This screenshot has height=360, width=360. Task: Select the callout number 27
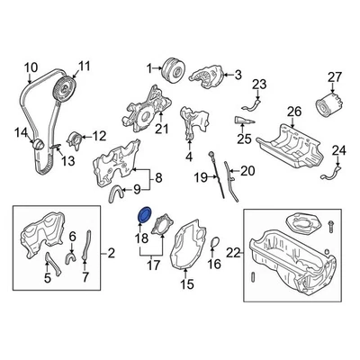pyautogui.click(x=335, y=76)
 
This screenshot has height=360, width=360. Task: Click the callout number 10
pyautogui.click(x=31, y=67)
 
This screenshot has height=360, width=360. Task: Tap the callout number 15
pyautogui.click(x=186, y=285)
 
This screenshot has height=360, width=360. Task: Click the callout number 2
pyautogui.click(x=112, y=256)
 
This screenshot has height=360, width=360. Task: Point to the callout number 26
pyautogui.click(x=292, y=112)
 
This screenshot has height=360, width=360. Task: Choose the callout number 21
pyautogui.click(x=162, y=129)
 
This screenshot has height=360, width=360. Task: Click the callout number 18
pyautogui.click(x=141, y=238)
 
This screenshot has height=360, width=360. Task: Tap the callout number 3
pyautogui.click(x=239, y=76)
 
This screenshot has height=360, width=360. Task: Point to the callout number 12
pyautogui.click(x=99, y=135)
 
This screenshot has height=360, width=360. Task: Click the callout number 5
pyautogui.click(x=49, y=278)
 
